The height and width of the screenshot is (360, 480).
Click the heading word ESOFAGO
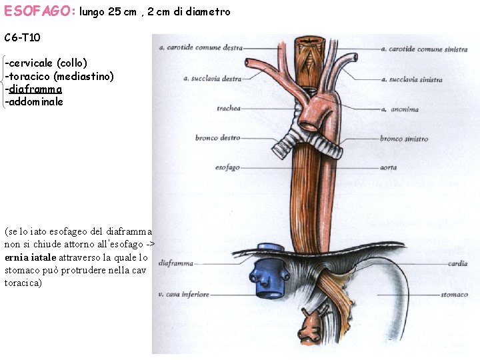(39, 11)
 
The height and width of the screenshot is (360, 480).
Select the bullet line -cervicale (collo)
(46, 63)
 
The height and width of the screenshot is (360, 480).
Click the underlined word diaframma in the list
(35, 89)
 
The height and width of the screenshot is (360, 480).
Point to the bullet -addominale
(34, 102)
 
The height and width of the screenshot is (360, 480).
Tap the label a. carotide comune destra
(200, 48)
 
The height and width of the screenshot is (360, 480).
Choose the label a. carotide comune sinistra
(423, 49)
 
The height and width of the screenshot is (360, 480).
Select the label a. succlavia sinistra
(411, 79)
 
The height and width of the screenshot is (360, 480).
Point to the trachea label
(229, 108)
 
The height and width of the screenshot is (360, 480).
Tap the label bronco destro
(217, 138)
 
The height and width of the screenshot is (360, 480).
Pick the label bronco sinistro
(404, 139)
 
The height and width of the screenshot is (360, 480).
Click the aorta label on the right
(388, 167)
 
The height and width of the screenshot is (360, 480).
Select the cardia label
(457, 264)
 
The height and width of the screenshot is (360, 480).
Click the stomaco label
(454, 293)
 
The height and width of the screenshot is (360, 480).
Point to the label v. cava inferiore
(183, 293)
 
